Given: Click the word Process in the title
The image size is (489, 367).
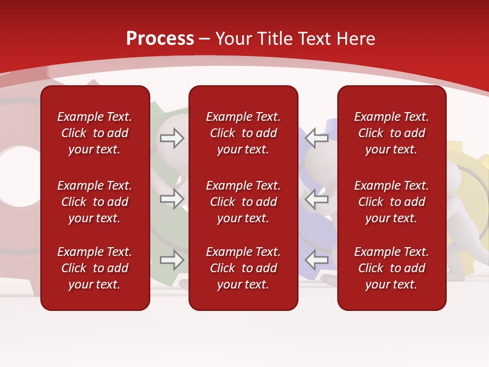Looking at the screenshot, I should [160, 39].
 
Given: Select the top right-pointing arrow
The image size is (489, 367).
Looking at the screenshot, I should [172, 138].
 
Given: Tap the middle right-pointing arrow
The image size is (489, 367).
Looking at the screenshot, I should [172, 199].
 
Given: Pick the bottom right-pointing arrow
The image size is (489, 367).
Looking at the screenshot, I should [172, 260].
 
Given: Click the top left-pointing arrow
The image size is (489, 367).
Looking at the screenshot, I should [316, 138].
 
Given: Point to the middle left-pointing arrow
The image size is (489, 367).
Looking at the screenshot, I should [316, 199].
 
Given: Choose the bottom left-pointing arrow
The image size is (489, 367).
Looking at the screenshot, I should [316, 260].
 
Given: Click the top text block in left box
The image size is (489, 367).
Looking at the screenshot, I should [95, 133].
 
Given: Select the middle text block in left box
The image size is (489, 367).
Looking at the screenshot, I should [95, 202].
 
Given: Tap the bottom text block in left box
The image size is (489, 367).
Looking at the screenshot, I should [95, 268].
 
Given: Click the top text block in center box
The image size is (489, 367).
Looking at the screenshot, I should [243, 133].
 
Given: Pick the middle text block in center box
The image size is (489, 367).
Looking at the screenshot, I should [243, 202].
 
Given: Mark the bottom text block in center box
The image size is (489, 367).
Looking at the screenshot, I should [243, 268].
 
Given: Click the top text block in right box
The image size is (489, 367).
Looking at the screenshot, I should [391, 133].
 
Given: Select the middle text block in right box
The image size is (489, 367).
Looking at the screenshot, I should [391, 202].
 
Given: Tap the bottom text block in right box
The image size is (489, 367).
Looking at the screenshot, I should [391, 268].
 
